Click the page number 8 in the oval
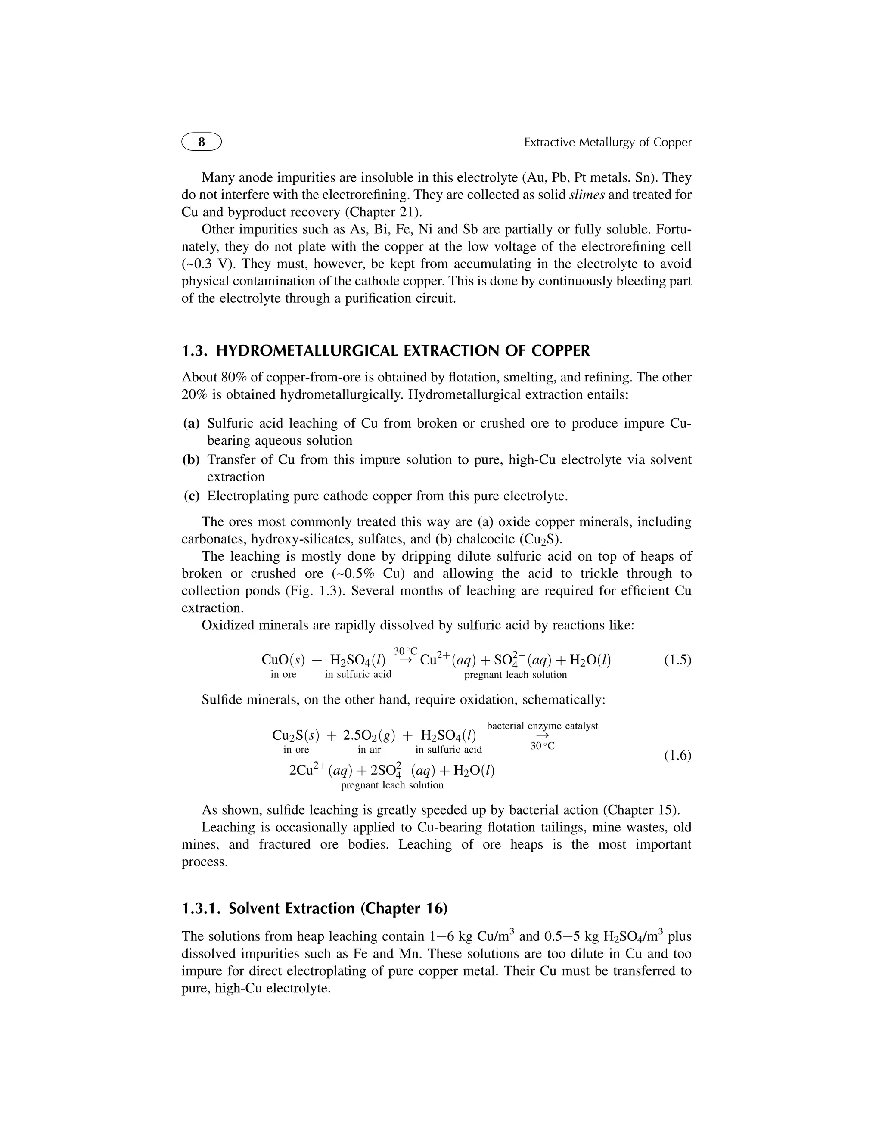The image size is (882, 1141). click(x=201, y=142)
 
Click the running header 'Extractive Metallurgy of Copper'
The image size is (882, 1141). click(x=607, y=142)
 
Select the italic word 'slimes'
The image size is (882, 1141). click(x=586, y=195)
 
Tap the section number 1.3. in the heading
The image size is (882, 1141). click(x=196, y=350)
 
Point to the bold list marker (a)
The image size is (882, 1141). click(x=191, y=423)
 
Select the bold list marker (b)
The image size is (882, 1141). click(x=191, y=460)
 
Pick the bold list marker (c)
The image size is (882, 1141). click(x=191, y=496)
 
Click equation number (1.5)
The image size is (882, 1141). click(x=677, y=660)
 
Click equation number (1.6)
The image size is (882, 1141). click(x=677, y=756)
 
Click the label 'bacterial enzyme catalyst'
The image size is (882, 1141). click(x=542, y=726)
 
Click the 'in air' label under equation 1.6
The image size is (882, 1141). click(x=369, y=750)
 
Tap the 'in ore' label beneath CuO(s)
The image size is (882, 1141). click(x=283, y=674)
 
